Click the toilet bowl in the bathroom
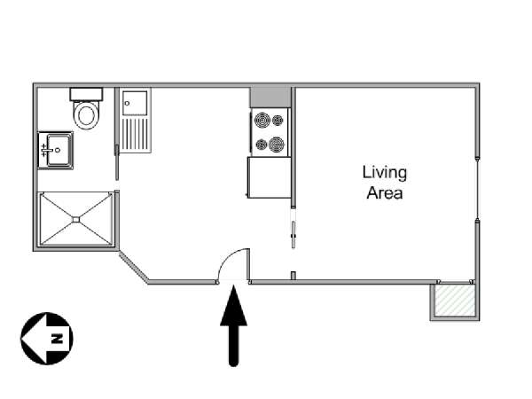[x=86, y=115]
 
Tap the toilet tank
[x=86, y=94]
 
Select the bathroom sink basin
[x=59, y=150]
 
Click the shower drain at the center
[x=76, y=220]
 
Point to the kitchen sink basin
[x=135, y=104]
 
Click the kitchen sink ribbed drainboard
[x=135, y=134]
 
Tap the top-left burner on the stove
[x=262, y=120]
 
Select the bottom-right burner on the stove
[x=277, y=145]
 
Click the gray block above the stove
[x=270, y=98]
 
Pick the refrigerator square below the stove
[x=270, y=177]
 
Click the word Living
[x=385, y=173]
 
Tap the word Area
[x=385, y=193]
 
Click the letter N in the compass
[x=57, y=339]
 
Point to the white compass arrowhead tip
[x=21, y=339]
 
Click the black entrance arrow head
[x=234, y=305]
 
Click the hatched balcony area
[x=455, y=301]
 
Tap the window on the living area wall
[x=478, y=188]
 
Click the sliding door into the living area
[x=293, y=235]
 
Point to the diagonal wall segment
[x=133, y=266]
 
